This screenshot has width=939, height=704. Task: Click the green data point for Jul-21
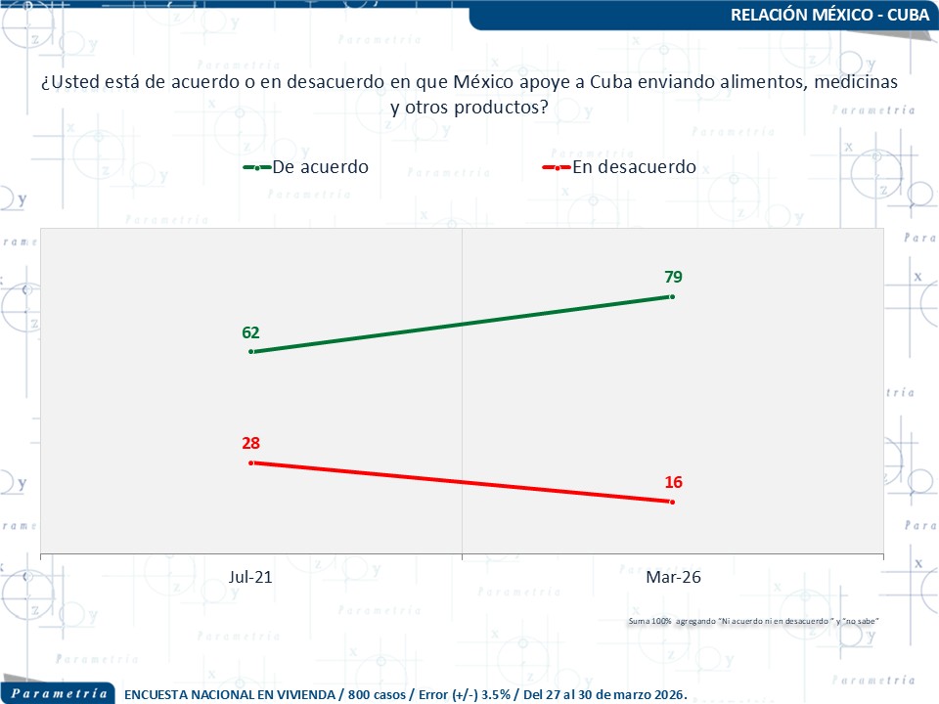point(251,351)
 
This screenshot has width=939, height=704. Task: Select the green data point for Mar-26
point(673,295)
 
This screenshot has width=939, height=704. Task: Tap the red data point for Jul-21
point(251,462)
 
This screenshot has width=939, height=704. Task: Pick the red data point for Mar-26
point(673,502)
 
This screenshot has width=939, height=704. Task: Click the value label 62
point(251,332)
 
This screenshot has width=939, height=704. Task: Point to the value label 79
point(673,277)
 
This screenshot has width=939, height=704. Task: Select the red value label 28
point(251,443)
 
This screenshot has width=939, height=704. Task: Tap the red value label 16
point(673,483)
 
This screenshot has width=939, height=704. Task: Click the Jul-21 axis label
point(250,578)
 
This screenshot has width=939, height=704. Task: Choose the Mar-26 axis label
point(673,578)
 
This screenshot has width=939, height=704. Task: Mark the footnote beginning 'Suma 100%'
point(753,622)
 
